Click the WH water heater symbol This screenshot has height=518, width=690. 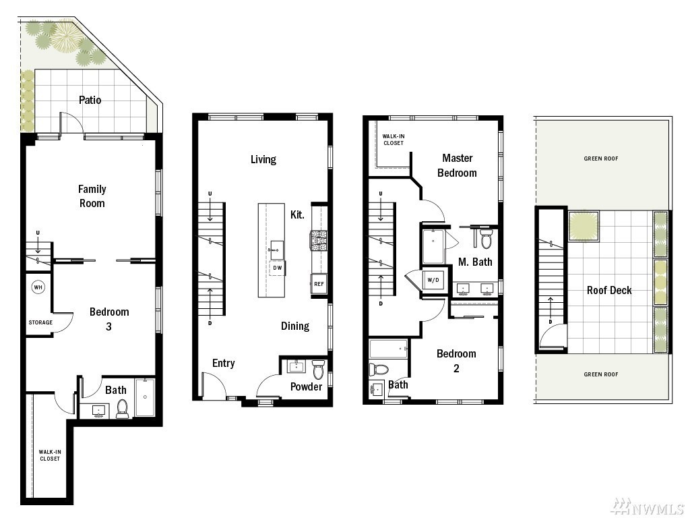[x=38, y=287]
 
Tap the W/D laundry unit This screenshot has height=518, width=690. [x=433, y=280]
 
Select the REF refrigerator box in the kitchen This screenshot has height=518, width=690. [x=319, y=284]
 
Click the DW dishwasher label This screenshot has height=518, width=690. [x=277, y=268]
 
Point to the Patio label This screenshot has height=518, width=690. [x=90, y=100]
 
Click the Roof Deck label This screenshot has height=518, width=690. [x=609, y=290]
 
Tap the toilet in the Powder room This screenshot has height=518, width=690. [x=318, y=369]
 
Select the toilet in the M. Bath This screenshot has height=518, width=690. [x=485, y=238]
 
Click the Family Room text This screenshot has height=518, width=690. [x=92, y=196]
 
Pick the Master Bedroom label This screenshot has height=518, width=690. [x=458, y=166]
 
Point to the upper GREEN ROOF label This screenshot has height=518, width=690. [x=600, y=159]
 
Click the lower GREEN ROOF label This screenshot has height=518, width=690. [x=600, y=374]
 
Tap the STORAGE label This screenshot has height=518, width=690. [x=40, y=322]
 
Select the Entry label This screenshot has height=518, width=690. [x=224, y=364]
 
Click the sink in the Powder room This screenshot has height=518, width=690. [x=296, y=366]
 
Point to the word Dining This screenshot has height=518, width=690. [x=295, y=326]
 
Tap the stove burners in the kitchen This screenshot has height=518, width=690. [x=318, y=241]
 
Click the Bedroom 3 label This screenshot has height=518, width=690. [x=109, y=319]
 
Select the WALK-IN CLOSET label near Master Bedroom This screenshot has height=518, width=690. [x=394, y=140]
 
